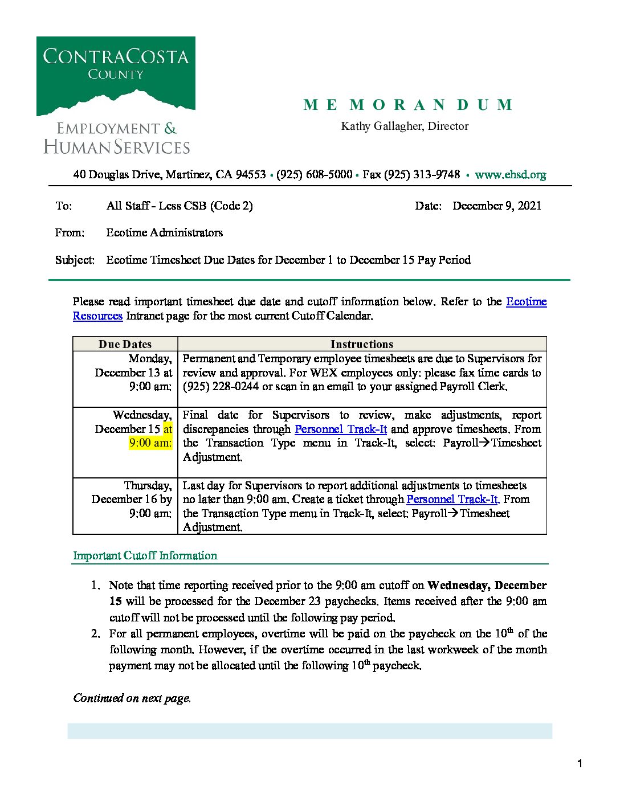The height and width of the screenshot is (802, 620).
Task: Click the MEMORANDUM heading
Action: click(408, 105)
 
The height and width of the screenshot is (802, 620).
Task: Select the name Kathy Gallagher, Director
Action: click(405, 126)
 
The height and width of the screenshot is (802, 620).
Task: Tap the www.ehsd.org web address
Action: click(510, 174)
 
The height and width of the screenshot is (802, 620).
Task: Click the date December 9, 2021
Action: click(496, 206)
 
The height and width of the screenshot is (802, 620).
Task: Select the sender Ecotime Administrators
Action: click(164, 232)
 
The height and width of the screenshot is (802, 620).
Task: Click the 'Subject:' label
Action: click(75, 260)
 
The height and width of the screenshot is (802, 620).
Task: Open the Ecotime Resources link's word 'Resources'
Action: click(97, 316)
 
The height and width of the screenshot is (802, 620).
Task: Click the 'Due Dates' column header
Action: click(125, 344)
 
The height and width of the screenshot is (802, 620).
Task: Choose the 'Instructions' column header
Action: click(362, 344)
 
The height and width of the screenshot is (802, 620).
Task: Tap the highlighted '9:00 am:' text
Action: click(150, 443)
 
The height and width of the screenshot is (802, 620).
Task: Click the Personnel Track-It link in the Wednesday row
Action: click(341, 429)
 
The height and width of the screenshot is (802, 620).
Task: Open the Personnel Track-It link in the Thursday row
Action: click(452, 499)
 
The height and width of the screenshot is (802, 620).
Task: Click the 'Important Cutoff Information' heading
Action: click(145, 555)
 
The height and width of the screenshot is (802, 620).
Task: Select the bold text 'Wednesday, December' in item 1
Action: click(487, 585)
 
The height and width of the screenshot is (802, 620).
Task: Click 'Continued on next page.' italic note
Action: click(132, 698)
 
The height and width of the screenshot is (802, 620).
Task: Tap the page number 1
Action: click(580, 764)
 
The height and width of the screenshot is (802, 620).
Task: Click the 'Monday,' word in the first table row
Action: click(150, 358)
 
